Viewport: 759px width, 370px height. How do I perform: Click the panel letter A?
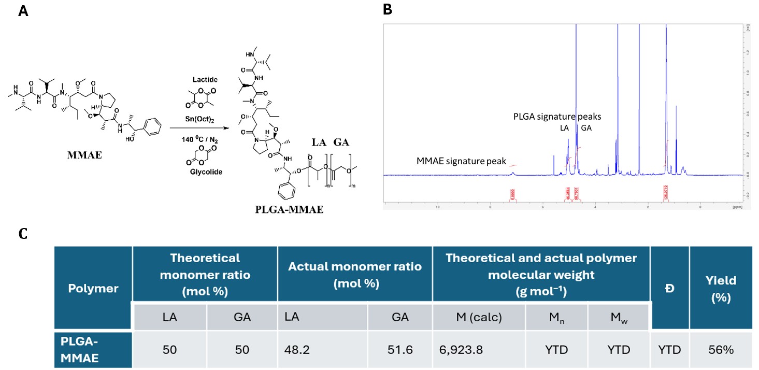(x=22, y=11)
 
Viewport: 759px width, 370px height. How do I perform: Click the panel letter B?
(x=387, y=9)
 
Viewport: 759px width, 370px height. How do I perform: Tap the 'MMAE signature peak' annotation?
(x=461, y=161)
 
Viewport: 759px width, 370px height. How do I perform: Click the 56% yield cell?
(x=721, y=350)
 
